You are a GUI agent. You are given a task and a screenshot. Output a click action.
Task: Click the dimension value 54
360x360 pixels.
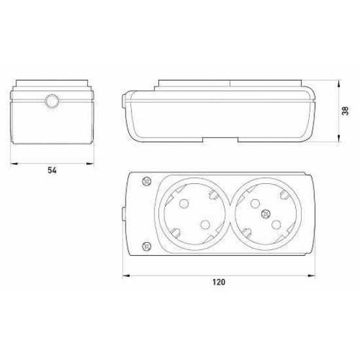point(52,170)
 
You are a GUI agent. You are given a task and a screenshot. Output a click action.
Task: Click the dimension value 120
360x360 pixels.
point(219,282)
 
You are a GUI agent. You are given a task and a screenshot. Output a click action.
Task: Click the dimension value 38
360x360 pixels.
point(346,111)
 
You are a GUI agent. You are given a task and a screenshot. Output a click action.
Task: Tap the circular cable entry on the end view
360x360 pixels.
point(52,101)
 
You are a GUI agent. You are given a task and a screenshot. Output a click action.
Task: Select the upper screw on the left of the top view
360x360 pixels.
point(147,181)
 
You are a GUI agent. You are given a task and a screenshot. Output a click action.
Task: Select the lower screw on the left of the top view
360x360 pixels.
point(147,247)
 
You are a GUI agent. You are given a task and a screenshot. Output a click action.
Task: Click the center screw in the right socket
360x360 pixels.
point(266,214)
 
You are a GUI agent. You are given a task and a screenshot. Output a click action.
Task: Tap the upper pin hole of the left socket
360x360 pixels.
point(184,204)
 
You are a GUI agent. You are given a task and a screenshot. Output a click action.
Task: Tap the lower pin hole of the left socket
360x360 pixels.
point(205,225)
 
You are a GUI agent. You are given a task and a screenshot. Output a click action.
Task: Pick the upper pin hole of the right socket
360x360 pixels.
point(255,204)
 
